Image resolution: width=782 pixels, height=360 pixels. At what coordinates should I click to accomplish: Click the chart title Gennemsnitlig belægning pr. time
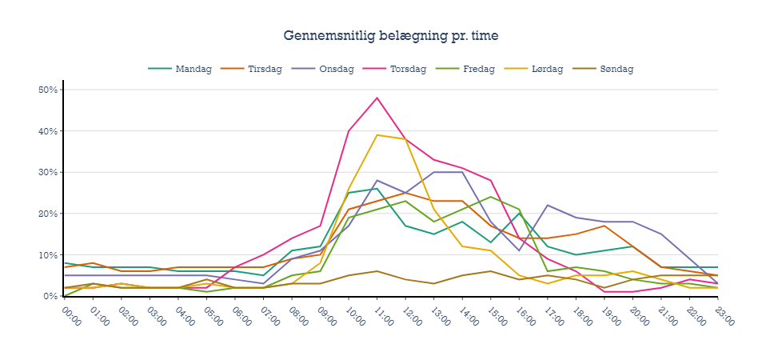pyautogui.click(x=391, y=36)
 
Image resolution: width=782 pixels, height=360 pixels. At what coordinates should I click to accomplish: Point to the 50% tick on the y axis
pyautogui.click(x=48, y=90)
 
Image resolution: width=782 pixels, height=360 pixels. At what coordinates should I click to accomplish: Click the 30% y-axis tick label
pyautogui.click(x=48, y=172)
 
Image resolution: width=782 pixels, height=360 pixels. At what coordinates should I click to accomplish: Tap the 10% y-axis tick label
pyautogui.click(x=48, y=255)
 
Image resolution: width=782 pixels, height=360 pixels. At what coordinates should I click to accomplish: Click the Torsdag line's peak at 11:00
pyautogui.click(x=377, y=98)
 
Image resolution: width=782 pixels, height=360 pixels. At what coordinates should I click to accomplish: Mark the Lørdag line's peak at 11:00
pyautogui.click(x=377, y=135)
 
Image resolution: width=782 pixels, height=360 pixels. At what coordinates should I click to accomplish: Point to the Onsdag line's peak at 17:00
pyautogui.click(x=547, y=206)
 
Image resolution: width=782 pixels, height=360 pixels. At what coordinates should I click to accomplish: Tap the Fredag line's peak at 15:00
pyautogui.click(x=490, y=197)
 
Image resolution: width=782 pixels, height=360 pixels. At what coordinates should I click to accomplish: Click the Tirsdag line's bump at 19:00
pyautogui.click(x=604, y=226)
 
